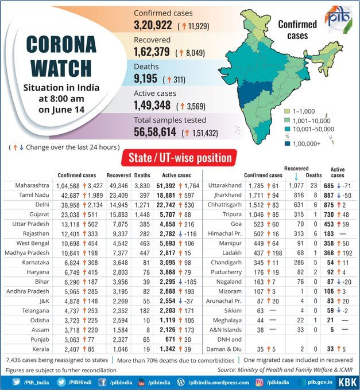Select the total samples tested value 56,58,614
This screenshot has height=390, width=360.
(156, 132)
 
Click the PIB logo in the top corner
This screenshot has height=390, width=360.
(340, 18)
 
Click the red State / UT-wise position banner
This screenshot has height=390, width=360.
(180, 157)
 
